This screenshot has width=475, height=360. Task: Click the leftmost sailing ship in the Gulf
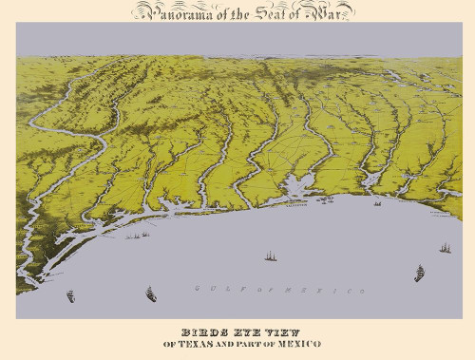[70, 296]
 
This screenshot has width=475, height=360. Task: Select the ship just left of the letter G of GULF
[150, 294]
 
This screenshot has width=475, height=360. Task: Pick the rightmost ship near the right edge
[444, 248]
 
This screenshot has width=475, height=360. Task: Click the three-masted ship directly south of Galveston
[271, 256]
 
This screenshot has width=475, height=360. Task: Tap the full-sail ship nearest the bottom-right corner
[419, 274]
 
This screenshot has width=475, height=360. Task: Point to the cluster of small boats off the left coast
[139, 234]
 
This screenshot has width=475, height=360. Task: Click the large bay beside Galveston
[306, 185]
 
